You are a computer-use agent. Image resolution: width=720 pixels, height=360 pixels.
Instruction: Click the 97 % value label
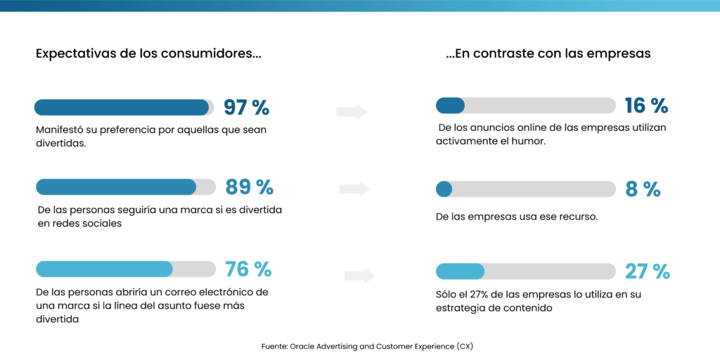246,108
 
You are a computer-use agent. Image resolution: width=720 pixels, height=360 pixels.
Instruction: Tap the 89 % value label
249,187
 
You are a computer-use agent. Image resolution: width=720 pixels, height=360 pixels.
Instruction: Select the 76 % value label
247,269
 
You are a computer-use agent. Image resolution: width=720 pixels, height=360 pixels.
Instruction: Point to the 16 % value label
646,105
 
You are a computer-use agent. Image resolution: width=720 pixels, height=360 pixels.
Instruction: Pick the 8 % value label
643,189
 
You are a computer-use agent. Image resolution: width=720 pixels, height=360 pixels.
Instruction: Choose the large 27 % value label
647,271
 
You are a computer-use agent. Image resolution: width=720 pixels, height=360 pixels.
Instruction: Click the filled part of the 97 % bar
122,108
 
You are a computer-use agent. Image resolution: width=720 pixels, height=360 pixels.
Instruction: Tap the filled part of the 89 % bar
116,187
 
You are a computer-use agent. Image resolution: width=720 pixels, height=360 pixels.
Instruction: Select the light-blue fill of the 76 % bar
104,269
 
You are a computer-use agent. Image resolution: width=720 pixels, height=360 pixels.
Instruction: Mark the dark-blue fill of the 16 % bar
450,105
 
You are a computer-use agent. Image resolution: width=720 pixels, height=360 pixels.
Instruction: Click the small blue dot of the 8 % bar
444,189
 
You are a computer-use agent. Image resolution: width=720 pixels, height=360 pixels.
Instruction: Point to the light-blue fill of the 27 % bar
460,271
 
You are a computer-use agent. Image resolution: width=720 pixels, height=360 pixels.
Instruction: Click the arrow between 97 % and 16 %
352,111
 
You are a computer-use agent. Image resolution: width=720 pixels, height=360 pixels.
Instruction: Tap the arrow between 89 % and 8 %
354,188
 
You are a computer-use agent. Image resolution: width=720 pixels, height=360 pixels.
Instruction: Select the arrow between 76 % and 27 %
359,276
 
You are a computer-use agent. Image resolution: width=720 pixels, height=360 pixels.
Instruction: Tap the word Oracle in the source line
304,347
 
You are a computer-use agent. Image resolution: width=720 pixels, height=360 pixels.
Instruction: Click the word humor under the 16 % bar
529,141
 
